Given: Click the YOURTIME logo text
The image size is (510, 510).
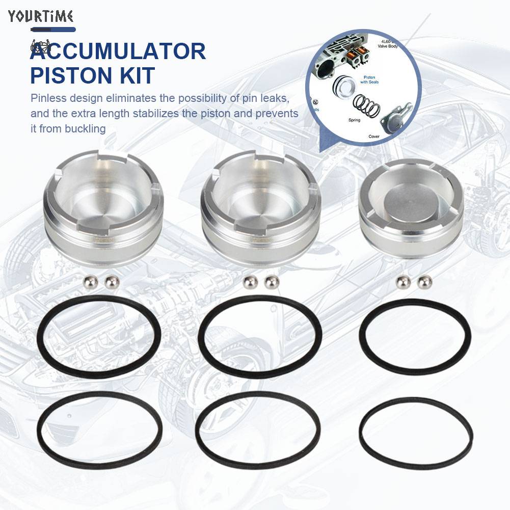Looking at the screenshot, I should [x=41, y=16].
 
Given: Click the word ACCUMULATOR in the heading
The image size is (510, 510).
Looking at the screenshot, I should [x=118, y=52].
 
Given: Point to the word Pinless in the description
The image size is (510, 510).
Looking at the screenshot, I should [x=48, y=98].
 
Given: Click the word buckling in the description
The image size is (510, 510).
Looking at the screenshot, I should [x=85, y=128].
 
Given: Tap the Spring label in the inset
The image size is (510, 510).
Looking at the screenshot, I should [x=354, y=120].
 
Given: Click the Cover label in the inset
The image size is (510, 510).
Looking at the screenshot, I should [x=374, y=137].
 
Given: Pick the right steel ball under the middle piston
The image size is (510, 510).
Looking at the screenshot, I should [x=272, y=281].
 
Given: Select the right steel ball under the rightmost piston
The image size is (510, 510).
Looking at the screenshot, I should [x=422, y=281].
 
